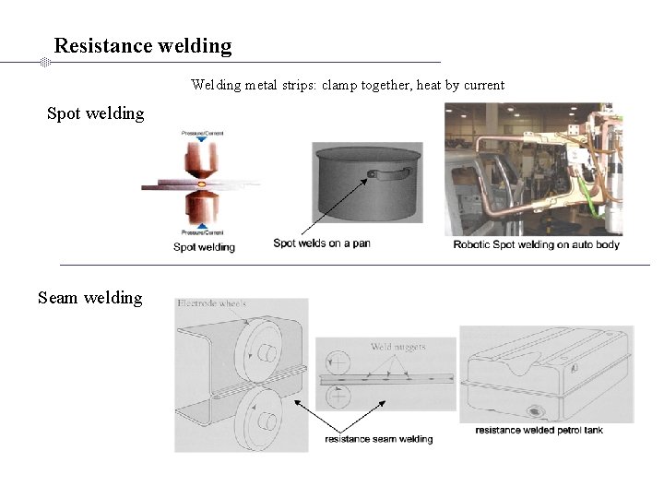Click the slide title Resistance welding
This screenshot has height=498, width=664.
143,45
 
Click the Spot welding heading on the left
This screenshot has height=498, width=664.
96,113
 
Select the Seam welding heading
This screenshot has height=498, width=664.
90,298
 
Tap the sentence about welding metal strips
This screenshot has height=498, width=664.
348,85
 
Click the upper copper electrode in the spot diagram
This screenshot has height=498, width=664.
200,160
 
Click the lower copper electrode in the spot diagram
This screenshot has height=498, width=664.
200,207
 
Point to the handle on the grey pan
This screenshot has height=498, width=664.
385,172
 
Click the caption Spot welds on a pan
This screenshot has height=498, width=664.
322,243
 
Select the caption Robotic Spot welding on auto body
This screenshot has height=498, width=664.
537,244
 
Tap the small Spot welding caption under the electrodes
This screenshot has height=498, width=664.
204,247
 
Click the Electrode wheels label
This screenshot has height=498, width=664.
212,303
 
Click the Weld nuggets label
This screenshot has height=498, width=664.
397,348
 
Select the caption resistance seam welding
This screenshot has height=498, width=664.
378,439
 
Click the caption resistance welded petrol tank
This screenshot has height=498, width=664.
539,431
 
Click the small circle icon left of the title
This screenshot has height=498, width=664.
44,62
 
